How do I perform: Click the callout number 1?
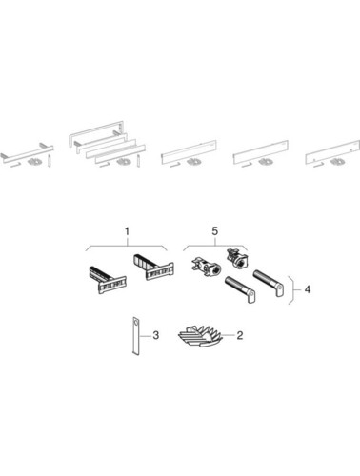(x=127, y=231)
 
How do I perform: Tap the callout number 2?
(x=239, y=335)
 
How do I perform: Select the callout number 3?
(x=155, y=335)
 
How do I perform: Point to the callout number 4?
(x=307, y=289)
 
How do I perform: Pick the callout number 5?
(x=215, y=231)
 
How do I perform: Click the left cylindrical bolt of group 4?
(x=240, y=289)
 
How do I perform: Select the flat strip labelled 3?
(x=135, y=335)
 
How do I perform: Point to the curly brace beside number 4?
(x=291, y=290)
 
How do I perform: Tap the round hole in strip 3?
(x=136, y=323)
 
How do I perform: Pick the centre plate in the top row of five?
(x=189, y=151)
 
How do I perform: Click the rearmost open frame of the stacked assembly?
(x=96, y=134)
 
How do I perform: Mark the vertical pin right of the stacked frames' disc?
(x=139, y=161)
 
